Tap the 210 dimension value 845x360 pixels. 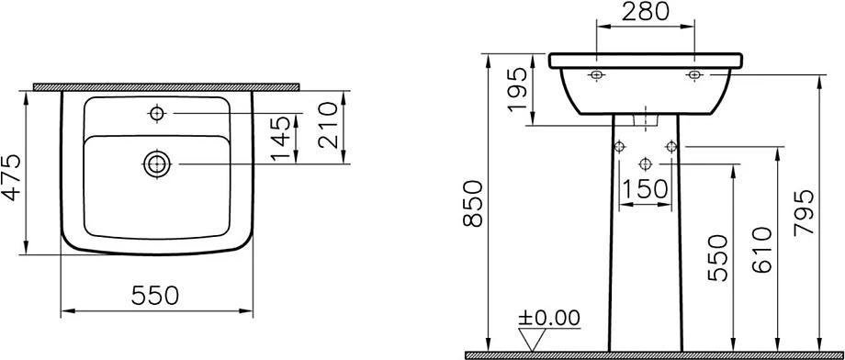coord(328,125)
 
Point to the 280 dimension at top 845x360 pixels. coord(645,11)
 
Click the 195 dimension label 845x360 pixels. coord(517,89)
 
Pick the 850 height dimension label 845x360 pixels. coord(471,204)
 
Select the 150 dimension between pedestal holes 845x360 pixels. coord(645,188)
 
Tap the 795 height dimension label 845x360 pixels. coord(804,212)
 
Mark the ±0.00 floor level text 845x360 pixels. coord(549,318)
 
